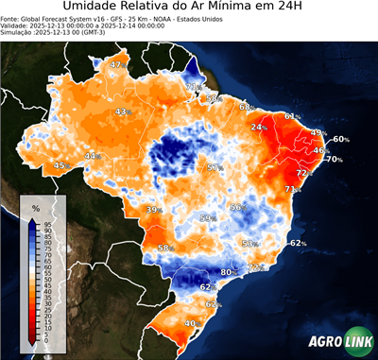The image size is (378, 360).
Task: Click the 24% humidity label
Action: (x=258, y=127)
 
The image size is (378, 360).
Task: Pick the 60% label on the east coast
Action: (x=340, y=140)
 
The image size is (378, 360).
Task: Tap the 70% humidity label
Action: (x=334, y=160)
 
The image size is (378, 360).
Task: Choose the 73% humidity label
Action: (x=291, y=190)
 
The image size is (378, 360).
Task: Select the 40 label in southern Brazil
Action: (x=191, y=323)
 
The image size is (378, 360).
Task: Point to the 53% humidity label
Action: (x=250, y=244)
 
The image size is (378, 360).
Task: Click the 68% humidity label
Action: (x=245, y=107)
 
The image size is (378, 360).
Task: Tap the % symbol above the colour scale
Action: (x=35, y=207)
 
